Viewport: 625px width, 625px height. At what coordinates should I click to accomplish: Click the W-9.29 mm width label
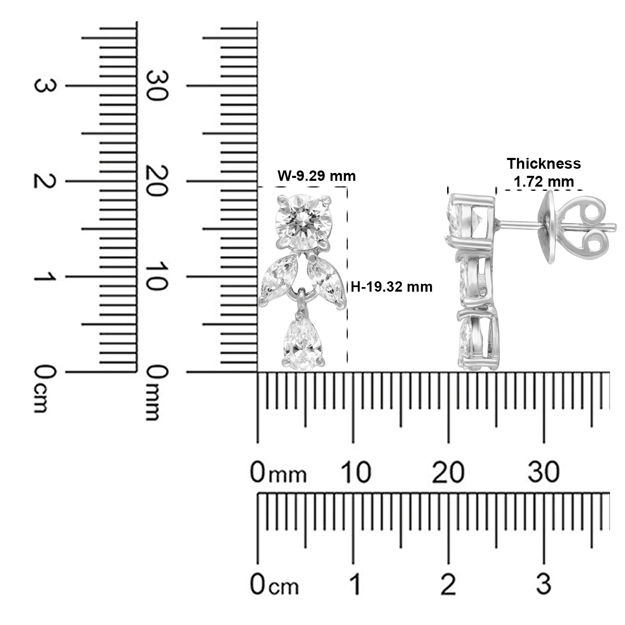[317, 176]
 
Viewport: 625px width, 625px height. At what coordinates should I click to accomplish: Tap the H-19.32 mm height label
[392, 287]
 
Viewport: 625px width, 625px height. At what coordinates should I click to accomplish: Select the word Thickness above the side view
[544, 164]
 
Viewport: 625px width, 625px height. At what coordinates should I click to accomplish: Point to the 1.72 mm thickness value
[544, 182]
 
